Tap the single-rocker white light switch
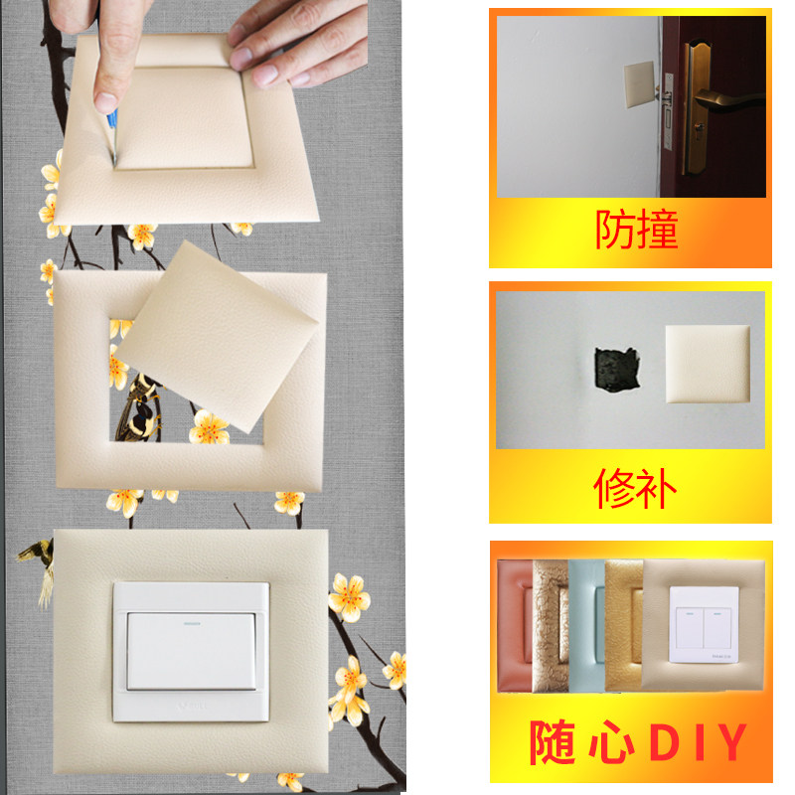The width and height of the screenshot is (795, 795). click(191, 652)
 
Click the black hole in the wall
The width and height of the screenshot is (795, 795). click(616, 370)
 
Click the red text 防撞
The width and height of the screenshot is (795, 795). click(637, 230)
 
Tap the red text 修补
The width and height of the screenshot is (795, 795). click(635, 488)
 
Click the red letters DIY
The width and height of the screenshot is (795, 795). click(699, 741)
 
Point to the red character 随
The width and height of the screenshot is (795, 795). click(553, 742)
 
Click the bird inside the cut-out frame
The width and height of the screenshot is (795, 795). click(138, 407)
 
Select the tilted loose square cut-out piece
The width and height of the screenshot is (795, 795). click(218, 337)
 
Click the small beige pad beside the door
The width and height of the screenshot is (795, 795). click(639, 84)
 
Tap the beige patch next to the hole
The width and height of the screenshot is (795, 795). click(708, 364)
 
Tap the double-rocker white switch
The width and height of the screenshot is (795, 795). click(704, 625)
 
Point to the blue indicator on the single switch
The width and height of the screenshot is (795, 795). click(192, 623)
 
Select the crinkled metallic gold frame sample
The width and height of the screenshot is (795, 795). click(551, 626)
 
